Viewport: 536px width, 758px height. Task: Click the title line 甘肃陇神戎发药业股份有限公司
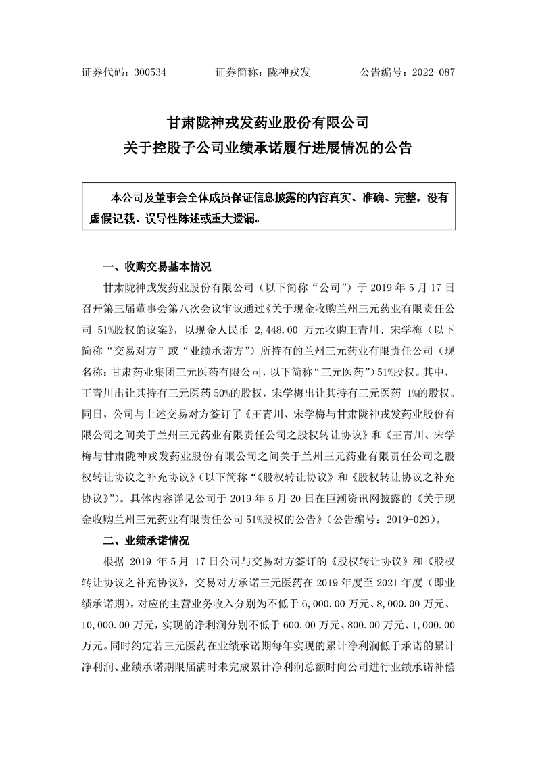268,124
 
